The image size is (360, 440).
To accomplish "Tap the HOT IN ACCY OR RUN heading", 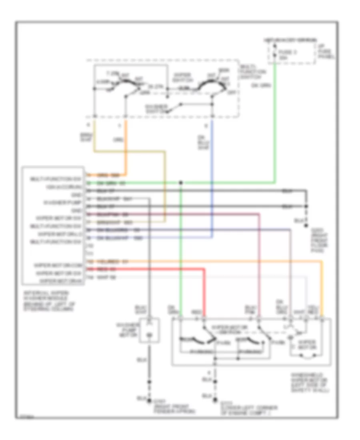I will [x=290, y=41].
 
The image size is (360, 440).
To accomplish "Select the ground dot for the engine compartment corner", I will [x=215, y=400].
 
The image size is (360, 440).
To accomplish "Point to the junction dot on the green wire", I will [x=181, y=183].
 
